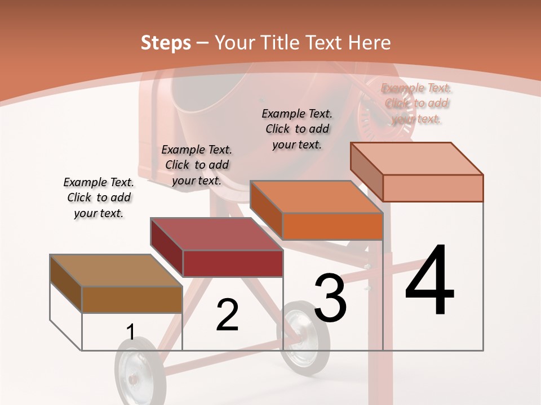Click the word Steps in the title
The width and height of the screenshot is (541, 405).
pos(166,43)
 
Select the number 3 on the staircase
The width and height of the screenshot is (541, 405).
pos(330,298)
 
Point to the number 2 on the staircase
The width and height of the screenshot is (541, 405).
pos(227,315)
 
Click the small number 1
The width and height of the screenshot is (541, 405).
pos(130,332)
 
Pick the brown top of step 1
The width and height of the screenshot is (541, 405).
pos(116,270)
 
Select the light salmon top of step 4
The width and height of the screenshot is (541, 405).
pos(417,159)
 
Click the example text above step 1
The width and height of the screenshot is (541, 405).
pos(99,197)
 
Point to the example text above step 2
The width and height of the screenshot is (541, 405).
pos(197,165)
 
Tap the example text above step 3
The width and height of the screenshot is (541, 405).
pos(297,129)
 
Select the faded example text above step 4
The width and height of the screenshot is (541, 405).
pos(417,103)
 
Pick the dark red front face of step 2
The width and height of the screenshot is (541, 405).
pos(233,263)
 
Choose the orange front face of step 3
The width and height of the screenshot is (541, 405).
pos(332,227)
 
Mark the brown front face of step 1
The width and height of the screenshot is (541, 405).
pos(132,299)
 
